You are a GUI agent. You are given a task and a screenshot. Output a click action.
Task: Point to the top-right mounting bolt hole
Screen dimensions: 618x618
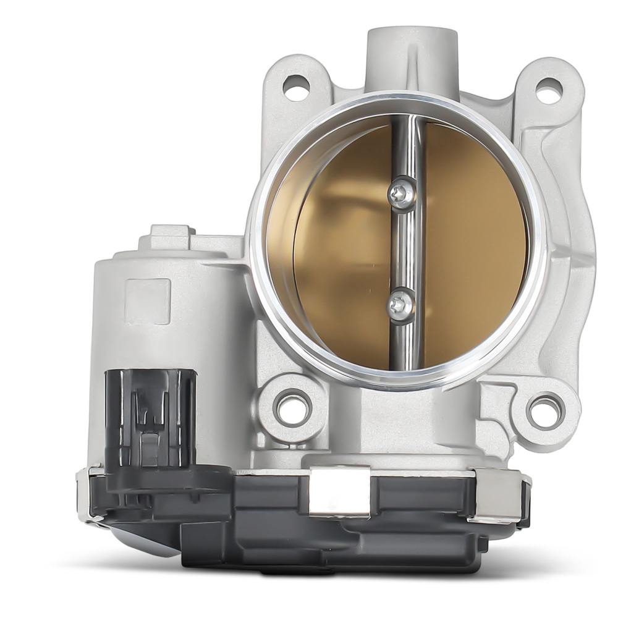548,91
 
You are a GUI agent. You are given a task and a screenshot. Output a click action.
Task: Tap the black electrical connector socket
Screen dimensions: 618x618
150,420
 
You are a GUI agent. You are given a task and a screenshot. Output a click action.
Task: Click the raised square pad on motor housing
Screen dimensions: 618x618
147,301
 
